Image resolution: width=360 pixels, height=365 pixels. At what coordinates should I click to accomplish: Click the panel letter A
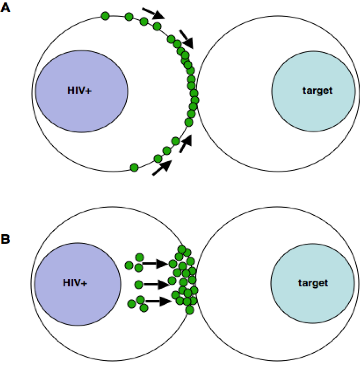(x=6, y=8)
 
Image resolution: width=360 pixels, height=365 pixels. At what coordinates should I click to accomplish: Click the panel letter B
(x=6, y=239)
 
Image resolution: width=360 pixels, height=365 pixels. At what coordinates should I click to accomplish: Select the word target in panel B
(x=313, y=282)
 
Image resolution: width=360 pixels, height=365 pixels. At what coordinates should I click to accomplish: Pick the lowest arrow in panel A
(x=161, y=168)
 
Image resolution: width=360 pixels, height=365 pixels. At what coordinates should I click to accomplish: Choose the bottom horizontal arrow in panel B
(x=158, y=301)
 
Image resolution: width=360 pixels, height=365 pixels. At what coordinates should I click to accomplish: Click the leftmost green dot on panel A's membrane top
(x=105, y=16)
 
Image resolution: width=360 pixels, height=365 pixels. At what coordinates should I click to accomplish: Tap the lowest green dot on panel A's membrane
(x=134, y=168)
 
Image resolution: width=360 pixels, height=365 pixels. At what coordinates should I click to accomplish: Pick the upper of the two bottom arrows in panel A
(x=185, y=143)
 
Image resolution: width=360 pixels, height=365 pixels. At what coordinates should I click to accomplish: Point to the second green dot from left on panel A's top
(x=129, y=17)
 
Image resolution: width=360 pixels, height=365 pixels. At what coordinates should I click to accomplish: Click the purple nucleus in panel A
(x=81, y=84)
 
